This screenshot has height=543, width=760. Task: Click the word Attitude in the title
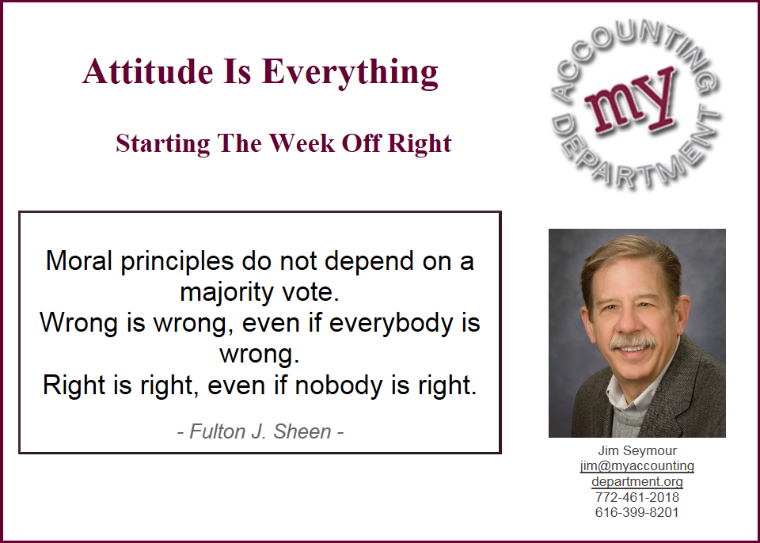147,71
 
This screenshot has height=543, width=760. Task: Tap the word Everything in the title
350,73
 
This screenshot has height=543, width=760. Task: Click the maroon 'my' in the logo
629,100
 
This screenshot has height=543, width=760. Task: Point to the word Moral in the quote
78,260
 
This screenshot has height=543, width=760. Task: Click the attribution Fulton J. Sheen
260,431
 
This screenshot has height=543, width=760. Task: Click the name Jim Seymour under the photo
636,450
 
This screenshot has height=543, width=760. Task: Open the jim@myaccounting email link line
636,466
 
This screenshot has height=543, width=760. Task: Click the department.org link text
636,481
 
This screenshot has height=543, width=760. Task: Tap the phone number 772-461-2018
636,497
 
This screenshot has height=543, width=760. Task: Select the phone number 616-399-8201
636,512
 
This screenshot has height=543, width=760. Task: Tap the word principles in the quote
177,262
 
